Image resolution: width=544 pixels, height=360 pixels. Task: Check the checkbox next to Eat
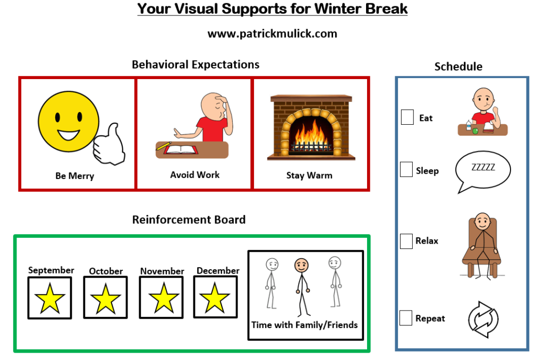[407, 117]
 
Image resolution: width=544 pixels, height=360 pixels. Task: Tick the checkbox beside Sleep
[406, 169]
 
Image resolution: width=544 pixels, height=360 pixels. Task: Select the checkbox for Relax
[406, 241]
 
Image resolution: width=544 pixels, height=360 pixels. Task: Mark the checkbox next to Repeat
[406, 318]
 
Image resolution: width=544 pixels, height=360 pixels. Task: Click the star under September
[50, 298]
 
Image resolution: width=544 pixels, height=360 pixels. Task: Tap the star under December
[215, 297]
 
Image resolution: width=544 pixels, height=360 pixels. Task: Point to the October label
[106, 271]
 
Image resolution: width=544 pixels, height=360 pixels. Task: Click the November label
[162, 271]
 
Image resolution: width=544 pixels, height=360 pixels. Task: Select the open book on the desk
[181, 150]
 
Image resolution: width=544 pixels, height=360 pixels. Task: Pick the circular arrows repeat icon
[483, 320]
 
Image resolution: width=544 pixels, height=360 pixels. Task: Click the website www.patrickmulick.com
[273, 33]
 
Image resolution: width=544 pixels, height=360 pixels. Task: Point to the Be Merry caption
[74, 176]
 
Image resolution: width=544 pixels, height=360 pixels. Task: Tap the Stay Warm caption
[309, 176]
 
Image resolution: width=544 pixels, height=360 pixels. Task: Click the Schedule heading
[458, 66]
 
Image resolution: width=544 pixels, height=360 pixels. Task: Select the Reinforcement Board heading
[189, 219]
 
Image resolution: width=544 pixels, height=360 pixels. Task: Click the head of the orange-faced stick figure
[301, 265]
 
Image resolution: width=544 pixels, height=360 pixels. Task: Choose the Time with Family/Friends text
[304, 325]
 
